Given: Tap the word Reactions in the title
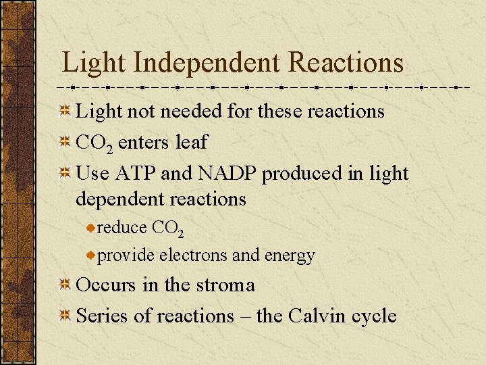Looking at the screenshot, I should [346, 63].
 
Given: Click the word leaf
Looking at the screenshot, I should [191, 142].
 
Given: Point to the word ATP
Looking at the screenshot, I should [136, 173].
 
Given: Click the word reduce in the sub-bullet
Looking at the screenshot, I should [122, 228].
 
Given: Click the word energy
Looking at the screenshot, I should [290, 256].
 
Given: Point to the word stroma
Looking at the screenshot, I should [224, 285].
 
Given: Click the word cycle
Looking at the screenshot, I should [373, 316].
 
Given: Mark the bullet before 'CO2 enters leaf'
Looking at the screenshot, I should [65, 143].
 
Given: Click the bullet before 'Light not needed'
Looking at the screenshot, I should [65, 111].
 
